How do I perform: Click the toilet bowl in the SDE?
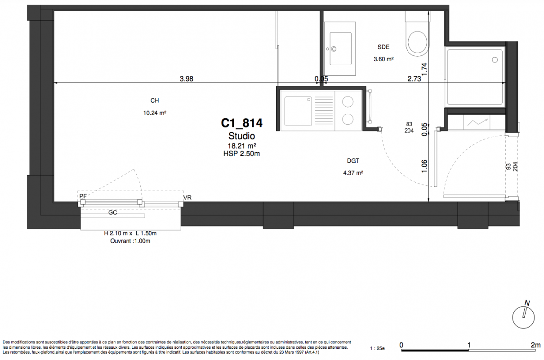pyautogui.click(x=418, y=42)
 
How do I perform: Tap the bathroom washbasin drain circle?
pyautogui.click(x=334, y=49)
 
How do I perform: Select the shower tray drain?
pyautogui.click(x=495, y=60)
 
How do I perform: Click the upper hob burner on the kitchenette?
pyautogui.click(x=348, y=102)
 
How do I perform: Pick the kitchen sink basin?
pyautogui.click(x=298, y=111)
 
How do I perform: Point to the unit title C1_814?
pyautogui.click(x=241, y=123)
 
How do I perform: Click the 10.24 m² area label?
pyautogui.click(x=155, y=113)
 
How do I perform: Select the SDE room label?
pyautogui.click(x=383, y=47)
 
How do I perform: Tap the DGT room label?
pyautogui.click(x=353, y=161)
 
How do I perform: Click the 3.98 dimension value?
pyautogui.click(x=187, y=79)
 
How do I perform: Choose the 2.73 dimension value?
pyautogui.click(x=414, y=79)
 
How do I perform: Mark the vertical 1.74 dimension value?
pyautogui.click(x=424, y=69)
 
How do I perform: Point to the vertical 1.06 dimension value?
pyautogui.click(x=424, y=166)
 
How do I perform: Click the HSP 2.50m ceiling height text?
pyautogui.click(x=241, y=153)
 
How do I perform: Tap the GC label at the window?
pyautogui.click(x=113, y=212)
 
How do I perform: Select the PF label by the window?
pyautogui.click(x=83, y=196)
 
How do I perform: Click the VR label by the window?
pyautogui.click(x=187, y=198)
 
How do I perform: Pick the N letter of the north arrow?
pyautogui.click(x=527, y=303)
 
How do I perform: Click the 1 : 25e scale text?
pyautogui.click(x=377, y=348)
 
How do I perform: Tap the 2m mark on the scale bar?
pyautogui.click(x=535, y=345)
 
